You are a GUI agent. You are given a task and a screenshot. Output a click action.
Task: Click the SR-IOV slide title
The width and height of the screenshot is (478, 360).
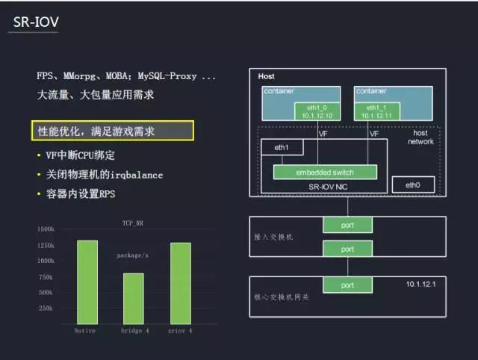pyautogui.click(x=37, y=23)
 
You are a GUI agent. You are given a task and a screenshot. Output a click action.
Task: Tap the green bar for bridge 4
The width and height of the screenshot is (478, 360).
pyautogui.click(x=134, y=298)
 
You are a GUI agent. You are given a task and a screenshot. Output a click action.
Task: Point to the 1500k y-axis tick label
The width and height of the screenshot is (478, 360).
pyautogui.click(x=46, y=229)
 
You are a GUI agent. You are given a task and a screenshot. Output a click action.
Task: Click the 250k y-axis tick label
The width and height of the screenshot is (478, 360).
pyautogui.click(x=47, y=308)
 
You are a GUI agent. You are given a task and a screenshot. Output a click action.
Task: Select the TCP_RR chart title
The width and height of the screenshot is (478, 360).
pyautogui.click(x=133, y=223)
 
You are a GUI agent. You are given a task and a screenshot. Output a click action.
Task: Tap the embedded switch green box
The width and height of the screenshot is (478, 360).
pyautogui.click(x=324, y=173)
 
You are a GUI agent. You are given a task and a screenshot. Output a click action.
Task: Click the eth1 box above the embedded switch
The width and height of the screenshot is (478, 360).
pyautogui.click(x=283, y=147)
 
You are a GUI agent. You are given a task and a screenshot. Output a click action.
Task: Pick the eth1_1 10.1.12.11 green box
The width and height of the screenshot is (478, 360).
pyautogui.click(x=377, y=111)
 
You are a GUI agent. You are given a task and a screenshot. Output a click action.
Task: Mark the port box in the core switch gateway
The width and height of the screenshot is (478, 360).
pyautogui.click(x=346, y=285)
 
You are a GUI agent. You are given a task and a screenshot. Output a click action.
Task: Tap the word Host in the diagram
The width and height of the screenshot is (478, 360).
pyautogui.click(x=266, y=77)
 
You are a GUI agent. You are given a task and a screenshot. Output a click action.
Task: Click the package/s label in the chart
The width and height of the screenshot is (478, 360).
pyautogui.click(x=134, y=255)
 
